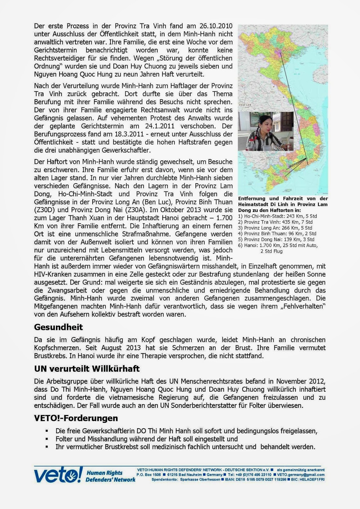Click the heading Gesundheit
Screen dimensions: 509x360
[58, 327]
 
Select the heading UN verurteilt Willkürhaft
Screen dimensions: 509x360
[87, 369]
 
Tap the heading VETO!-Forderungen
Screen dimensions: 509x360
[76, 418]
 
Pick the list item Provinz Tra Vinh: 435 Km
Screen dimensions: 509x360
[275, 222]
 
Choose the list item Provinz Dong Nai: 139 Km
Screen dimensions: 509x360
[276, 239]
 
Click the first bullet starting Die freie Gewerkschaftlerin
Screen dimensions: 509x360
[186, 431]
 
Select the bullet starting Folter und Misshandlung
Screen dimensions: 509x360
[146, 439]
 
